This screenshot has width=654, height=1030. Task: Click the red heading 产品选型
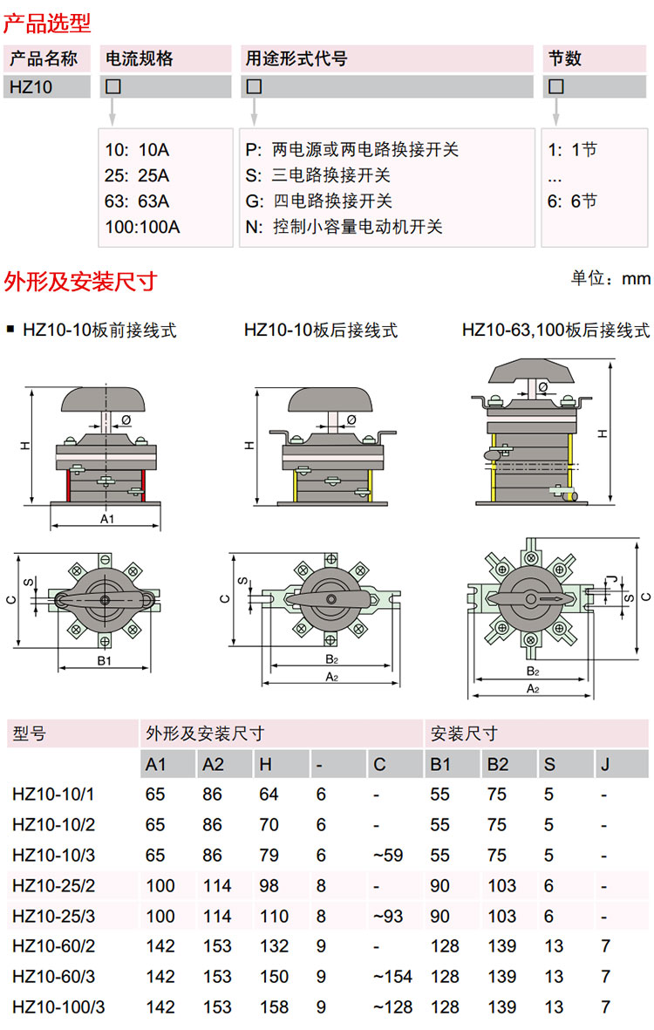click(47, 21)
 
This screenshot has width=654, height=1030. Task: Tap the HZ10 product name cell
click(30, 87)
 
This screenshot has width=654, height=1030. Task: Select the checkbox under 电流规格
click(112, 87)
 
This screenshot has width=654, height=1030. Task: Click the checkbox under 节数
click(555, 87)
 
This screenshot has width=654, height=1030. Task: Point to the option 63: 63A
click(137, 201)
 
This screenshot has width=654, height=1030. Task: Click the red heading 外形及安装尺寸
click(80, 281)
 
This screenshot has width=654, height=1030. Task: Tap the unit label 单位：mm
click(610, 278)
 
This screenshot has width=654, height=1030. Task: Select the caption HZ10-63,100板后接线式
click(555, 331)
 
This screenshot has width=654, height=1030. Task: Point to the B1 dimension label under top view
click(104, 662)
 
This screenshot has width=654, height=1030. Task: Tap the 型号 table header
click(30, 733)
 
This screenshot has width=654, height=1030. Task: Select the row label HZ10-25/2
click(53, 885)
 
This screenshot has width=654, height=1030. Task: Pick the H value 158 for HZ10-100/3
click(274, 1007)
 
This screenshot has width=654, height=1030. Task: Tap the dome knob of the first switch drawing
click(105, 400)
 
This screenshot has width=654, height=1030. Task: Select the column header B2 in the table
click(498, 765)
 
